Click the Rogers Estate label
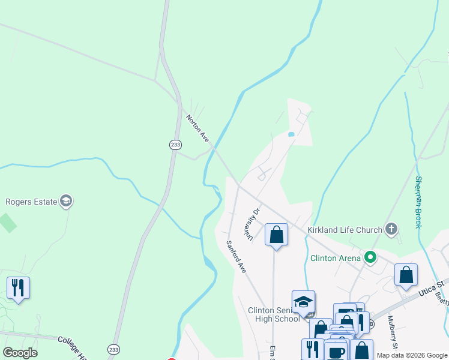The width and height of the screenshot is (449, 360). [31, 202]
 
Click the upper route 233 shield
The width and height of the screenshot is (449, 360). [175, 145]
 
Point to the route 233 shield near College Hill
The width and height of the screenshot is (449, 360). [113, 349]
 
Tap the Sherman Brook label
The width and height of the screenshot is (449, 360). [418, 202]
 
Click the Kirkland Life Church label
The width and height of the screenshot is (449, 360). [345, 230]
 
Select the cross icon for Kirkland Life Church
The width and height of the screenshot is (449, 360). [391, 229]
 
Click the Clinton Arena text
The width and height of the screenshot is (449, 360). [335, 259]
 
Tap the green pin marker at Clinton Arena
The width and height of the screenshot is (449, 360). [370, 258]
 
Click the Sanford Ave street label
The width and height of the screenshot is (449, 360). [236, 257]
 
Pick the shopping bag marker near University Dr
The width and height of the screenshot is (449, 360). [277, 234]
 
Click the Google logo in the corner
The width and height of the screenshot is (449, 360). [20, 353]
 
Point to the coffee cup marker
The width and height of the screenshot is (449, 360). [336, 351]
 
